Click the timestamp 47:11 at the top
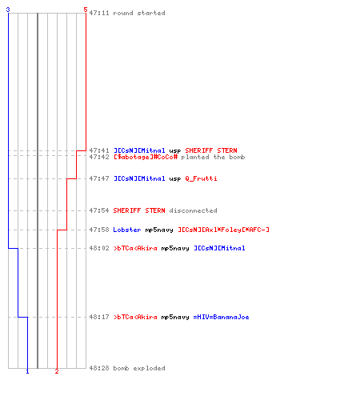pyautogui.click(x=99, y=13)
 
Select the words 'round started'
pyautogui.click(x=139, y=13)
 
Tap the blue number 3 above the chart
pyautogui.click(x=8, y=10)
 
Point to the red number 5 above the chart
pyautogui.click(x=86, y=10)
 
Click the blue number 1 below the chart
pyautogui.click(x=27, y=371)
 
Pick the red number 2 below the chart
pyautogui.click(x=57, y=371)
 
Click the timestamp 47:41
pyautogui.click(x=99, y=150)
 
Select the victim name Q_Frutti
pyautogui.click(x=201, y=178)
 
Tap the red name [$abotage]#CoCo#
pyautogui.click(x=146, y=157)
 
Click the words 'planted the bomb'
pyautogui.click(x=213, y=157)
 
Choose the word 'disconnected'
pyautogui.click(x=193, y=210)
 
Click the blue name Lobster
pyautogui.click(x=127, y=230)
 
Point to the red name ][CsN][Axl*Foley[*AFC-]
pyautogui.click(x=223, y=230)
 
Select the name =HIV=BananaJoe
pyautogui.click(x=221, y=317)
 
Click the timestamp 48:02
pyautogui.click(x=99, y=248)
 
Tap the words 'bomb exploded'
pyautogui.click(x=139, y=368)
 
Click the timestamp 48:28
pyautogui.click(x=99, y=368)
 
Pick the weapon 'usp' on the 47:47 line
pyautogui.click(x=175, y=179)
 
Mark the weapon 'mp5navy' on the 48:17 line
pyautogui.click(x=175, y=318)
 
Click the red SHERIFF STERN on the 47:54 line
pyautogui.click(x=139, y=210)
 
